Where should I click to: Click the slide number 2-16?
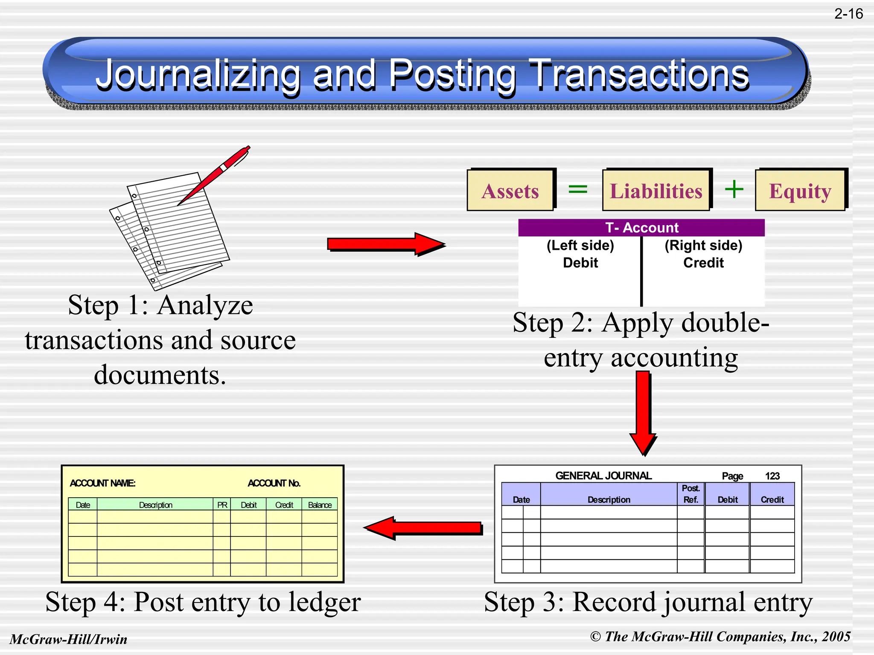(848, 14)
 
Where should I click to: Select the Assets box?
(510, 191)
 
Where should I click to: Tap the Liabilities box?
(656, 191)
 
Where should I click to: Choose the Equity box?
(800, 191)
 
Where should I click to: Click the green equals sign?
(578, 189)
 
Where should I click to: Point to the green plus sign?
(734, 189)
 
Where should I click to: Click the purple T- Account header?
(641, 228)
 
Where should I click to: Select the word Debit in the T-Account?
(580, 263)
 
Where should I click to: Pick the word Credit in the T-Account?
(703, 263)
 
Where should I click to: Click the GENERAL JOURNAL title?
(603, 475)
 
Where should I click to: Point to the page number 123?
(772, 476)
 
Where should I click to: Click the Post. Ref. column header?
(690, 494)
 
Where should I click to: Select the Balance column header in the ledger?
(320, 505)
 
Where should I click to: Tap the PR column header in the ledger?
(222, 505)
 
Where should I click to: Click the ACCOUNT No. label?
(274, 483)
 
